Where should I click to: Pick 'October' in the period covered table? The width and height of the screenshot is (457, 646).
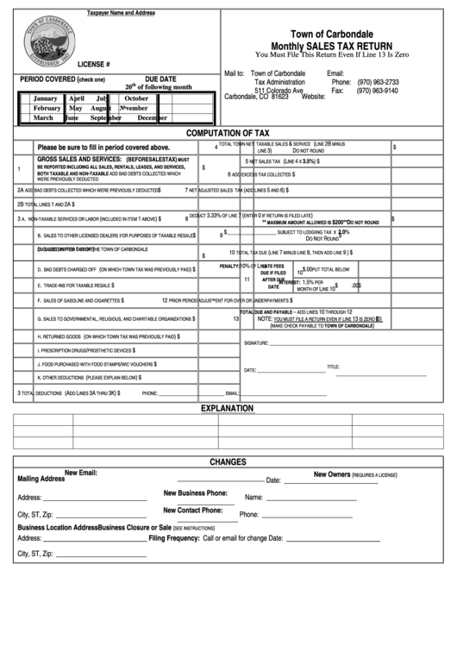[137, 98]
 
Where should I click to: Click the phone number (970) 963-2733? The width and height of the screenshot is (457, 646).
[377, 82]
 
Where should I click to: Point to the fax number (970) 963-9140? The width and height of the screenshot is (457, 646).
[377, 91]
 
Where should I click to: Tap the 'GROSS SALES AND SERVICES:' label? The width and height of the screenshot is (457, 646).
[79, 160]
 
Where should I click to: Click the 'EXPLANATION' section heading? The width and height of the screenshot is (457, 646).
[228, 408]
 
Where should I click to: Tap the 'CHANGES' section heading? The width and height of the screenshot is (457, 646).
[228, 461]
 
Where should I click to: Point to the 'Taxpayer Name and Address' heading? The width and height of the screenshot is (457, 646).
[121, 14]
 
